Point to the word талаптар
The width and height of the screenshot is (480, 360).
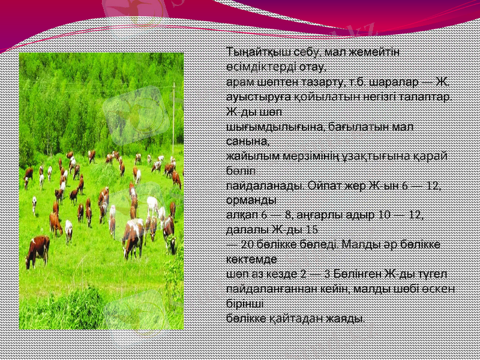tap(430, 96)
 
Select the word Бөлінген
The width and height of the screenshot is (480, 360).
tap(353, 274)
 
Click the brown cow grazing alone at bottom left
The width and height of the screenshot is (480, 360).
tap(38, 249)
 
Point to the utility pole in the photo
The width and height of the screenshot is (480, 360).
tap(173, 114)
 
